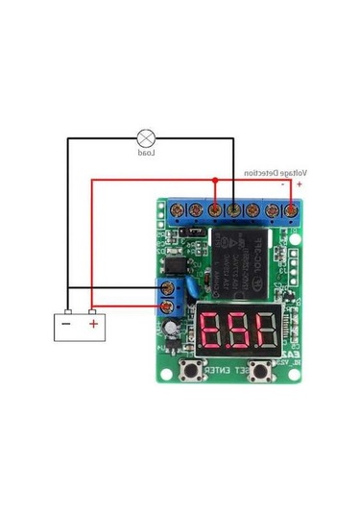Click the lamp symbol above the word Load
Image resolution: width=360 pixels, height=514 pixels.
pyautogui.click(x=147, y=137)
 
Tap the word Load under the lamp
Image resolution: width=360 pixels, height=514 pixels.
pyautogui.click(x=147, y=153)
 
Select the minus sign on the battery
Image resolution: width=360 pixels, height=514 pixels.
pyautogui.click(x=66, y=324)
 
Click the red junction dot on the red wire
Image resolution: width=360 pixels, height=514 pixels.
pyautogui.click(x=215, y=180)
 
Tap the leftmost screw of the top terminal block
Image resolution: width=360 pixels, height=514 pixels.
pyautogui.click(x=176, y=208)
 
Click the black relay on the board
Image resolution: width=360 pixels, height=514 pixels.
pyautogui.click(x=241, y=257)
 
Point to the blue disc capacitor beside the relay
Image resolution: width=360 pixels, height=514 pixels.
pyautogui.click(x=195, y=286)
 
